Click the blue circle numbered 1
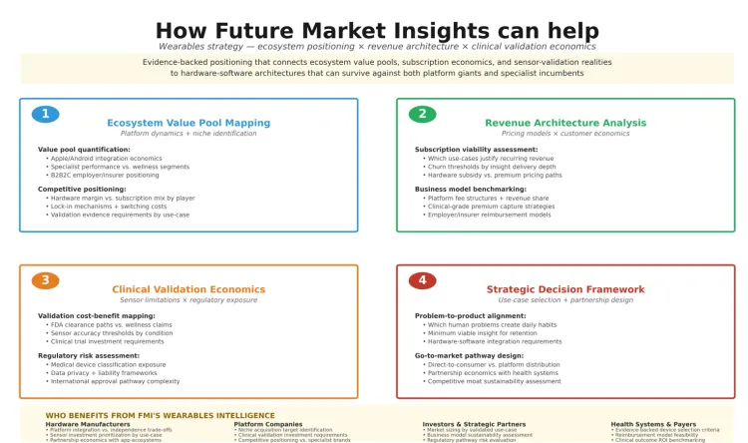(45, 114)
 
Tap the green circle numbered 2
(422, 114)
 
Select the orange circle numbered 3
(45, 280)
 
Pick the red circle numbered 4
(422, 280)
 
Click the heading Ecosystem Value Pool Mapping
(188, 123)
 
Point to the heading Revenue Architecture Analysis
(565, 123)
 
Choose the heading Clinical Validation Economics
(188, 289)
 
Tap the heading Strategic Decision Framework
(565, 289)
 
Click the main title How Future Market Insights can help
(377, 31)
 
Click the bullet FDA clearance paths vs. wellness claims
(109, 324)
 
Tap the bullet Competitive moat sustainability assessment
(493, 380)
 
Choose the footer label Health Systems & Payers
(653, 424)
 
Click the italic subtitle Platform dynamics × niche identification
(188, 133)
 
